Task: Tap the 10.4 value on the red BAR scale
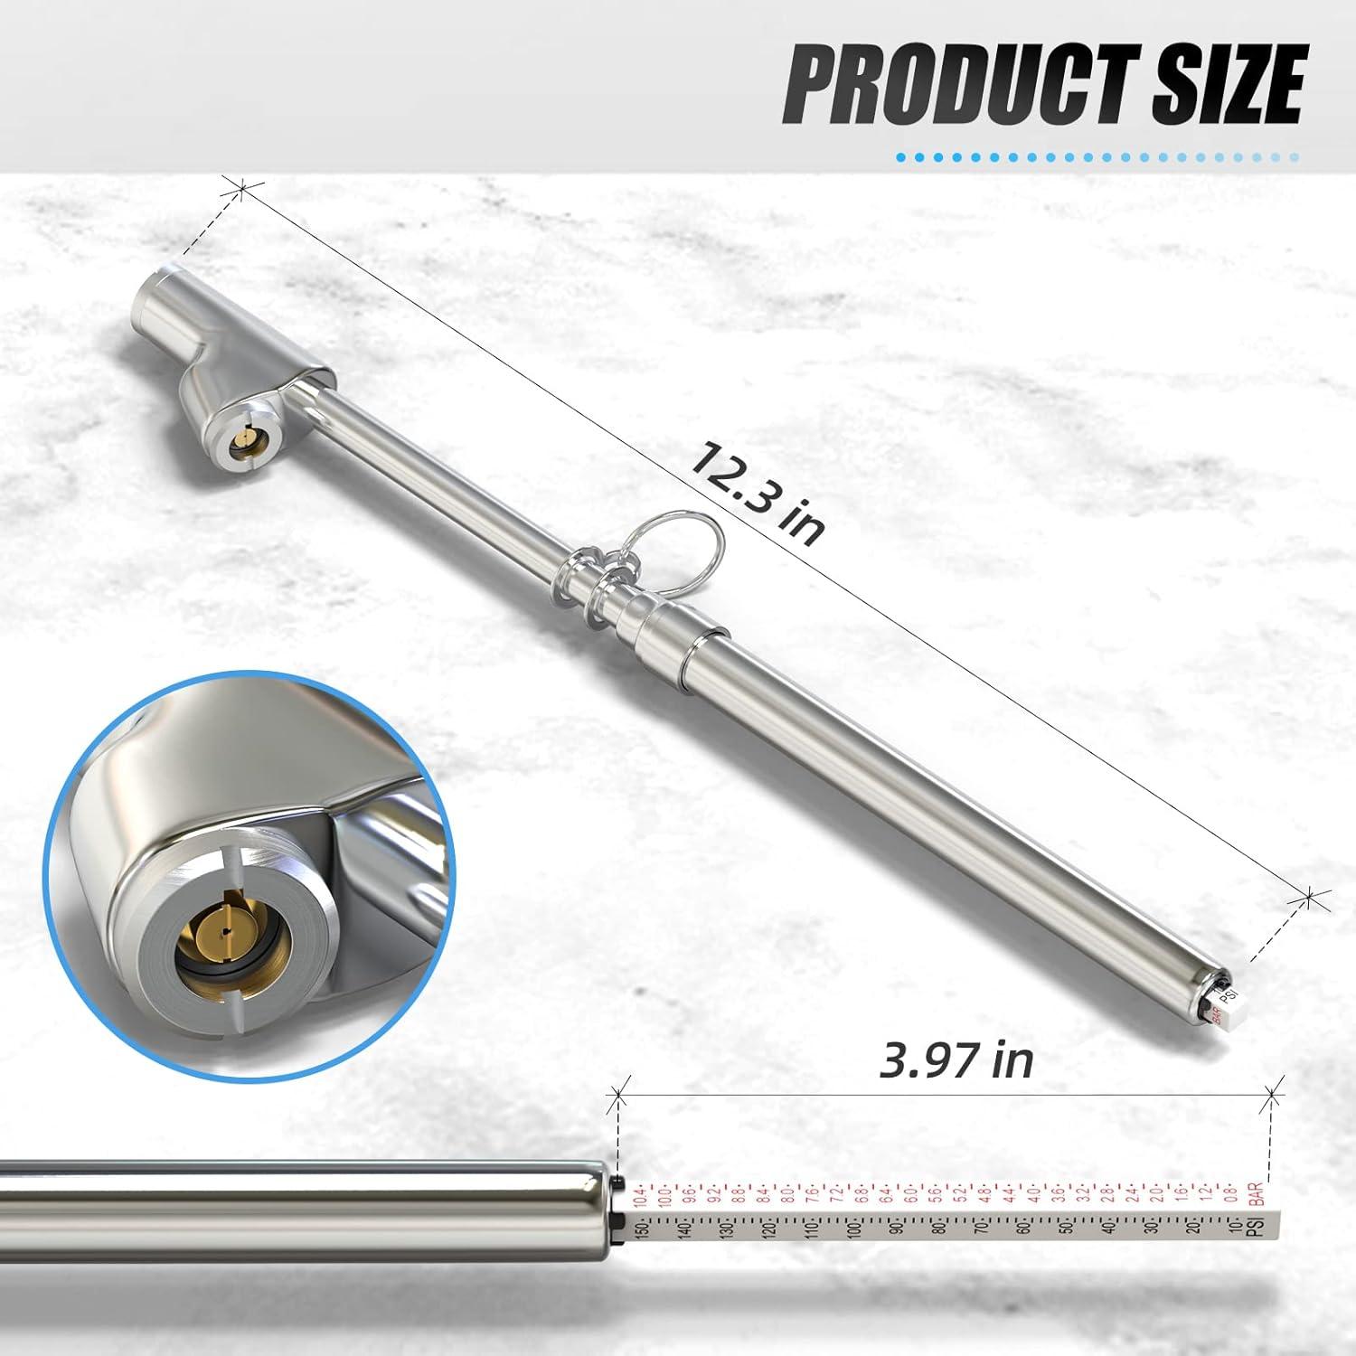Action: [x=641, y=1200]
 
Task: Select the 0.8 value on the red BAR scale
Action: [x=1230, y=1200]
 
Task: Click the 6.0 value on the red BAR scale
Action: [x=909, y=1200]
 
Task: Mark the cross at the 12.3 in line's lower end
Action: [x=1310, y=897]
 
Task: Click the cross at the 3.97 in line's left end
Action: [x=619, y=1096]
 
